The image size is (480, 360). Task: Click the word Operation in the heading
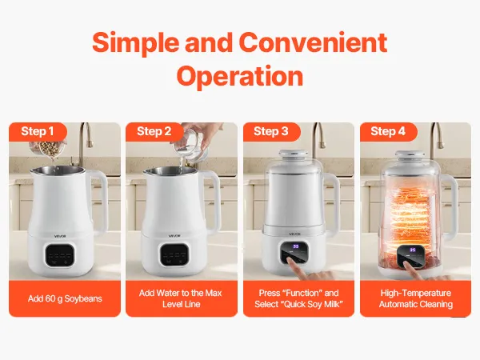tap(240, 77)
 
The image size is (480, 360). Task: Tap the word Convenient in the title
tap(313, 42)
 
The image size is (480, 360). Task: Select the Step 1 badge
tap(38, 132)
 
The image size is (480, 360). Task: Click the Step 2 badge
tap(154, 132)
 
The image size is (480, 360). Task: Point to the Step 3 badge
tap(271, 132)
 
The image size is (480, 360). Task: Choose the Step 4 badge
tap(388, 132)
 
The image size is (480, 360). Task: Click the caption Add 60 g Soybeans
tap(65, 298)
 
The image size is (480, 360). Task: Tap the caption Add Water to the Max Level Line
tap(182, 298)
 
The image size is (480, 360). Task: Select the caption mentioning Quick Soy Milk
tap(298, 298)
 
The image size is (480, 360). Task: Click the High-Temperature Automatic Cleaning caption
tap(416, 298)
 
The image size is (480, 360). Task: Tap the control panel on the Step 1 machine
tap(59, 255)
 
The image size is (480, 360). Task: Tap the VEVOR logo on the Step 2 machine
tap(174, 236)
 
